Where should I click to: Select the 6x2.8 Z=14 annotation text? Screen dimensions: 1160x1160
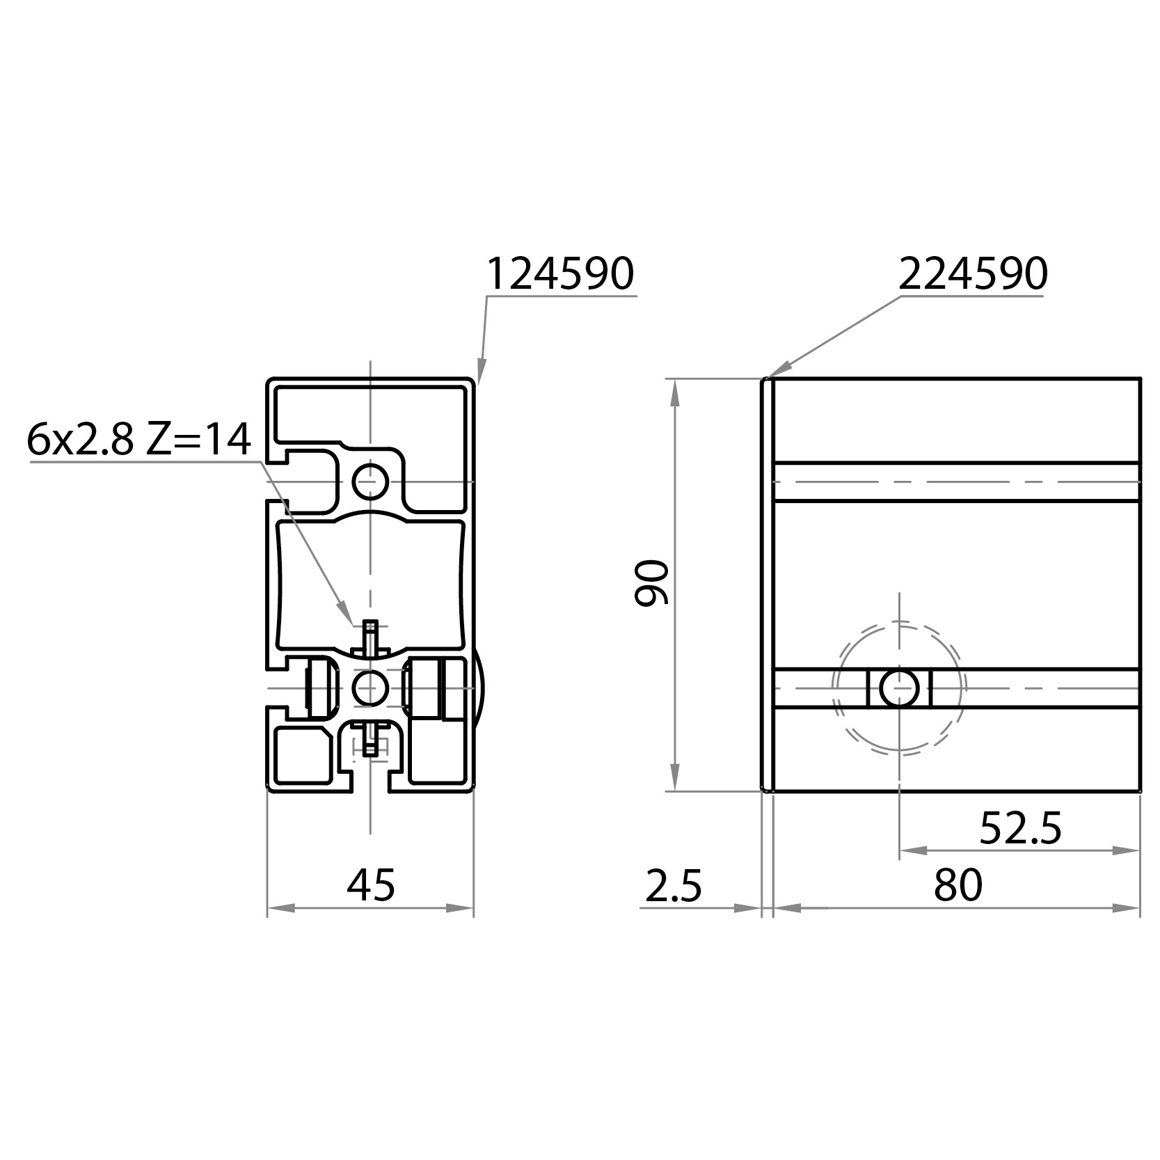138,440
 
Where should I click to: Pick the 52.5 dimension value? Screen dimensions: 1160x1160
1020,828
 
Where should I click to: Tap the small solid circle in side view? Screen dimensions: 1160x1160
900,688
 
